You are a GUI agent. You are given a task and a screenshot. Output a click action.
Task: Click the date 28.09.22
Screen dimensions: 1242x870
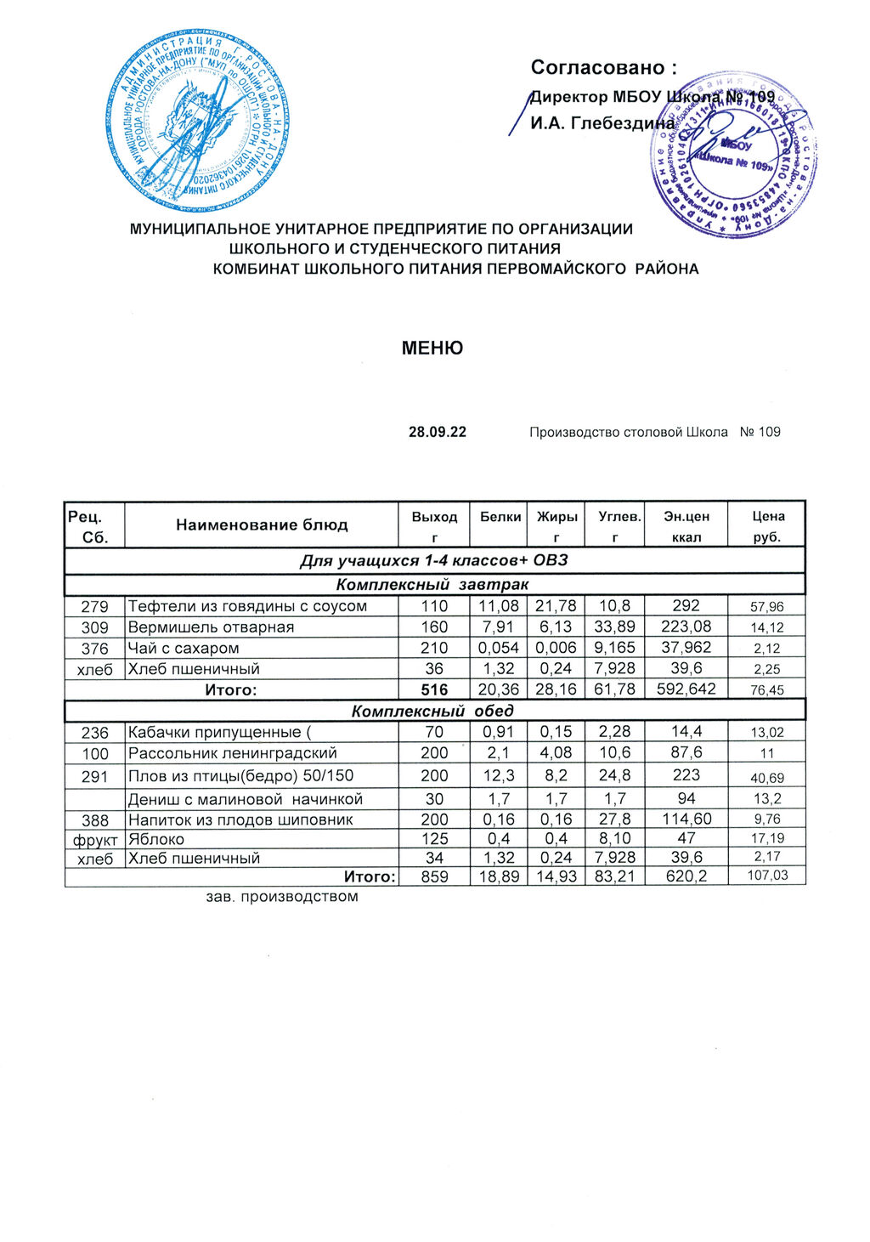point(438,432)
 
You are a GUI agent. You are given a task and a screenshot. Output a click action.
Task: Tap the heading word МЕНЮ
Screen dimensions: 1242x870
point(432,349)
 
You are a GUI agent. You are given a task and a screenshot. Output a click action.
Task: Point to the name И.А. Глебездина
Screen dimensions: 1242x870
point(602,123)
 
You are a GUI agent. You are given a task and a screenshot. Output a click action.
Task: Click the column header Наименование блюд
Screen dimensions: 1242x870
point(262,525)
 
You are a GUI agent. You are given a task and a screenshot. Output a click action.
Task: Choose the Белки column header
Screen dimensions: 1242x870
point(500,516)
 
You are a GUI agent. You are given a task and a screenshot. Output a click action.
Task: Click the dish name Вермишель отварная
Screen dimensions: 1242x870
point(211,627)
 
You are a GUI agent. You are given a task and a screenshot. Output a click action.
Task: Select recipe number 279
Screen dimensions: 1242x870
point(94,607)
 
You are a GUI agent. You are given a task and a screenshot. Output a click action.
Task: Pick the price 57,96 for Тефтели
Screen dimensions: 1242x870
point(767,607)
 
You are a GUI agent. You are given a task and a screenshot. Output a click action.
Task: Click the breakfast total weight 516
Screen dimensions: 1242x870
point(434,690)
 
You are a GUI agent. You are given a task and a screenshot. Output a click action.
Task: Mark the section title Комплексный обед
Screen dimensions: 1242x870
point(432,711)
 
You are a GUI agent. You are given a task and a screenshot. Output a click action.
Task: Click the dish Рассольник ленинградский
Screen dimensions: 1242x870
point(233,753)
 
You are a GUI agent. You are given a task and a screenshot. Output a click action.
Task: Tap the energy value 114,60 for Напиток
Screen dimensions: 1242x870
point(686,819)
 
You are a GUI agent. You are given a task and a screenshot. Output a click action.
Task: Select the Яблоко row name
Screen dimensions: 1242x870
point(156,839)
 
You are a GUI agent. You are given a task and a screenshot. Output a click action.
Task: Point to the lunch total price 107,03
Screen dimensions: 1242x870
point(767,876)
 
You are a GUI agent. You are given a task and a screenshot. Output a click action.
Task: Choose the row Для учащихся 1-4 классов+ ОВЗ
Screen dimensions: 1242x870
point(434,561)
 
